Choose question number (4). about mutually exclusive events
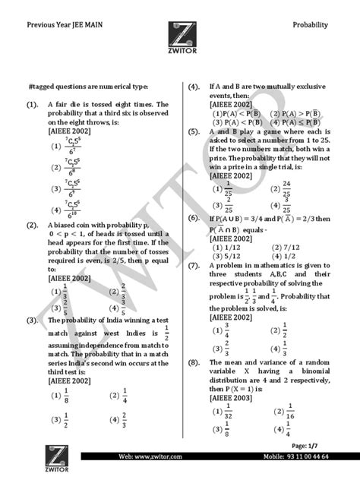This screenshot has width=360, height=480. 194,87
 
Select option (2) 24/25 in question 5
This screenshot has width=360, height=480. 282,187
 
